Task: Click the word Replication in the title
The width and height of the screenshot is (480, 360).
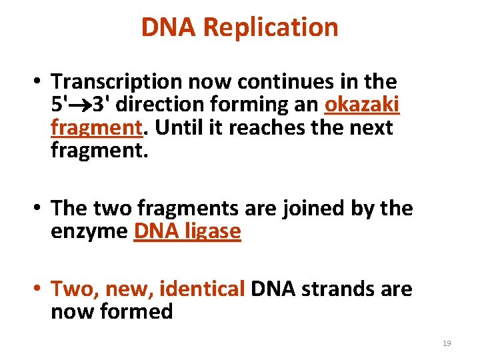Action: coord(271,27)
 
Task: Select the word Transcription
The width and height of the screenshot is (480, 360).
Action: coord(118,82)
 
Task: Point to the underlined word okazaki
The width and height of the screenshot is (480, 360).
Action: coord(361,105)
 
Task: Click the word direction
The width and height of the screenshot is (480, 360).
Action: coord(170,105)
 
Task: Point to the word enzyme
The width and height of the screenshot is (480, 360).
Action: coord(89,231)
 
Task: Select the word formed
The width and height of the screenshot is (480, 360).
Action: coord(141,312)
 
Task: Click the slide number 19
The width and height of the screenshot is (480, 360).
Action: coord(447,343)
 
